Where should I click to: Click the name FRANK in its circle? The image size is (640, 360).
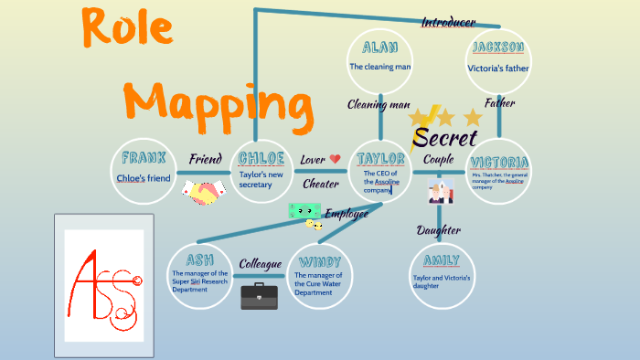click(x=144, y=157)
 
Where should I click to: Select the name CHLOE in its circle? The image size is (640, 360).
click(x=262, y=157)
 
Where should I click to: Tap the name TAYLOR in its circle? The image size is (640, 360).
click(x=381, y=157)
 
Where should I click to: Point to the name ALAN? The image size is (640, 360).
click(x=379, y=48)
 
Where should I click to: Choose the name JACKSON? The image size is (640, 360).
click(x=498, y=48)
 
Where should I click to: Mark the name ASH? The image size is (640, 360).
click(x=199, y=259)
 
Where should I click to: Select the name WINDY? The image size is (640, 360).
click(x=319, y=259)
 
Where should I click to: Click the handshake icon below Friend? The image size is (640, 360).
click(x=204, y=193)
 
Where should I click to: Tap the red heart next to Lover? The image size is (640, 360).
click(x=335, y=159)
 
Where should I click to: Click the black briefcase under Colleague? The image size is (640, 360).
click(x=259, y=296)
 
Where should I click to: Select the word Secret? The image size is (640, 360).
click(x=445, y=139)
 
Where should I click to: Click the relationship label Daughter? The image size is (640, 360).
click(x=439, y=230)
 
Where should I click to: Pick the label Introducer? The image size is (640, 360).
click(x=448, y=22)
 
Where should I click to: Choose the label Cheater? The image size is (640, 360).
click(x=320, y=184)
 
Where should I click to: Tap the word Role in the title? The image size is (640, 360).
click(x=127, y=28)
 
